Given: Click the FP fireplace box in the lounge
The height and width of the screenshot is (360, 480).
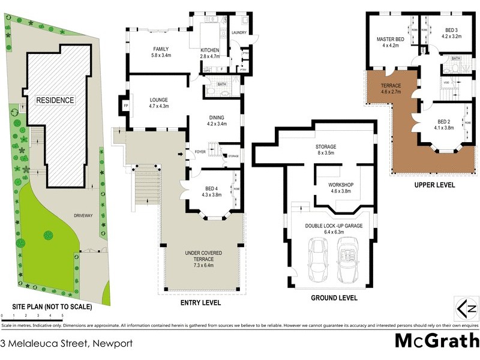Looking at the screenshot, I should pos(125,106).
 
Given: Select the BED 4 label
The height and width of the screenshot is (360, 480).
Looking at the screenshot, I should pos(209,190).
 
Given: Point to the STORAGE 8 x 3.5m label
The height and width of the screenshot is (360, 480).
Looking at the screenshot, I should pos(326,150).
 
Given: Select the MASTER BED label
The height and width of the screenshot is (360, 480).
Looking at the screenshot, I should pos(391,42).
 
